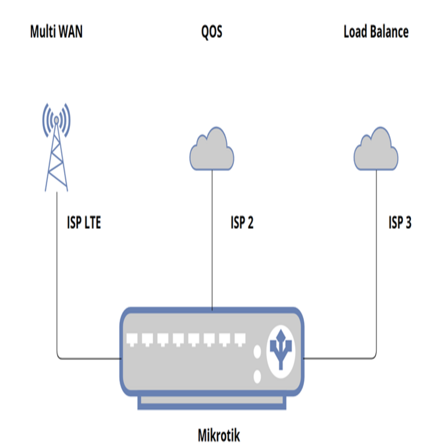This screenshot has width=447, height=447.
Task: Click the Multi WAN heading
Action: [56, 31]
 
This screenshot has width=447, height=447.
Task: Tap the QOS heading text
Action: [211, 31]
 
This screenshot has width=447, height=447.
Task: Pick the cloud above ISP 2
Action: [211, 150]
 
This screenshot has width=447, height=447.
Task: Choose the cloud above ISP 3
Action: [376, 150]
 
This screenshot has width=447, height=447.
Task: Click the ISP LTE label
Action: [84, 222]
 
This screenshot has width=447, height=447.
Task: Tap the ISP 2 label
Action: [242, 222]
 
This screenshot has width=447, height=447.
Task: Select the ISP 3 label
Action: [400, 222]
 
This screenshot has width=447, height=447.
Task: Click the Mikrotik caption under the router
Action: [219, 435]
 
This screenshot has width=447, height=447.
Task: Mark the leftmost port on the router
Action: [132, 340]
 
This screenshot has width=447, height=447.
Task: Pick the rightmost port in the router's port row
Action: [240, 340]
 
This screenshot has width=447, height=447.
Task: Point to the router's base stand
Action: [211, 402]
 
